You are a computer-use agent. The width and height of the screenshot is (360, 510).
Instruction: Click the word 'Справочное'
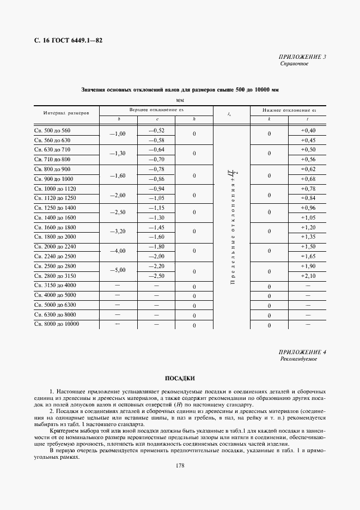coord(294,64)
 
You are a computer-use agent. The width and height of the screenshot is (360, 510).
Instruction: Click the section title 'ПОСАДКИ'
coord(180,378)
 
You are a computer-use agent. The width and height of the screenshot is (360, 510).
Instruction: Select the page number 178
coord(180,465)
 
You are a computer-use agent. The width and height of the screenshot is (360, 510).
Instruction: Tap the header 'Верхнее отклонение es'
coord(156,110)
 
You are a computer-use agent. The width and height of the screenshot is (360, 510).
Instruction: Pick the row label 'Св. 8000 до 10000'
coord(57,325)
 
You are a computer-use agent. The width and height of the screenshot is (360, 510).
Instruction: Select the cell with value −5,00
coord(118,270)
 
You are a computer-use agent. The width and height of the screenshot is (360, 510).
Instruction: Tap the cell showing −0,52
coord(157,131)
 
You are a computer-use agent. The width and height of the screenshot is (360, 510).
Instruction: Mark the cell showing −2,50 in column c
coord(157,276)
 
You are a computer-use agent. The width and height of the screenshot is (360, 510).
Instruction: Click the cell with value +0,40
coord(308,131)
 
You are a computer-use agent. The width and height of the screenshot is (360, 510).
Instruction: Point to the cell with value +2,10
coord(308,276)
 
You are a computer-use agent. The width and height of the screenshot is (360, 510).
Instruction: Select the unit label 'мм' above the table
coord(180,100)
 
